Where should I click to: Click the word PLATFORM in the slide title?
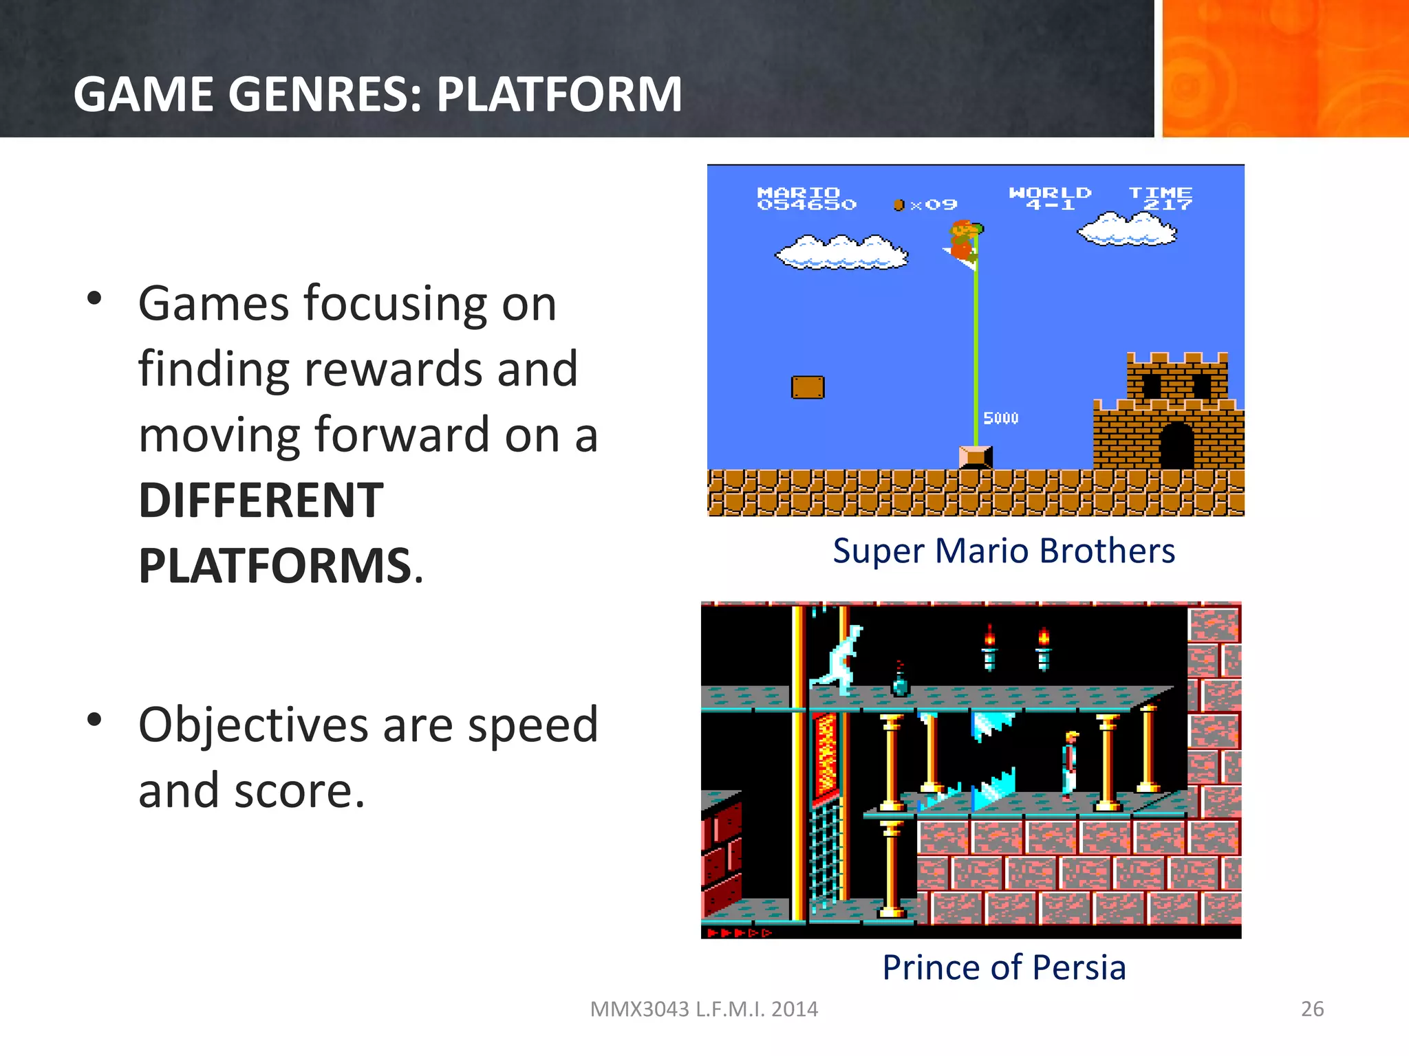[559, 94]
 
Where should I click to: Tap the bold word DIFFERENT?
[261, 500]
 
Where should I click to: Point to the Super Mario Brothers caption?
[1004, 551]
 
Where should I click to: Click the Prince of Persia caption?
[1004, 967]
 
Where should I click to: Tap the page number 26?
[1312, 1009]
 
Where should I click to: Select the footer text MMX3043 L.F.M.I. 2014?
[704, 1009]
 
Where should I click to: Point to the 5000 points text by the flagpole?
[1000, 418]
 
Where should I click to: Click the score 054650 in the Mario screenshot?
[806, 205]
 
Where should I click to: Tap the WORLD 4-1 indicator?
[1050, 198]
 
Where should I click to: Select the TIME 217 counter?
[1161, 198]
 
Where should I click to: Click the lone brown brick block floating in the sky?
[808, 387]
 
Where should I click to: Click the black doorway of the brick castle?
[1176, 446]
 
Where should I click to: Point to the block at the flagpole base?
[976, 457]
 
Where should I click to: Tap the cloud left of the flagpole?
[841, 252]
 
